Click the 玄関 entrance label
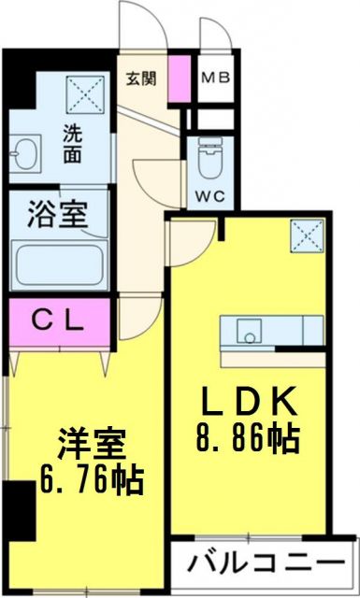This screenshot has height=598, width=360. [x=141, y=78]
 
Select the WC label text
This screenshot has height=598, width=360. [x=209, y=196]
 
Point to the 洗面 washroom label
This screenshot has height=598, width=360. [x=72, y=142]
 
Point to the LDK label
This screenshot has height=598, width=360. [x=251, y=403]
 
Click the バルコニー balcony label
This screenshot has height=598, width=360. [x=265, y=563]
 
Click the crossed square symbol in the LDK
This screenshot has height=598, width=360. [x=305, y=232]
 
